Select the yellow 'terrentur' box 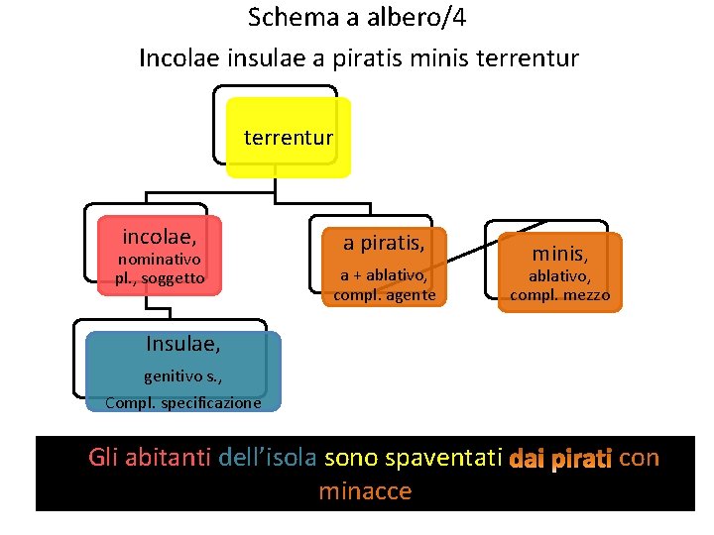[x=289, y=137]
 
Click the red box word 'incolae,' [x=159, y=237]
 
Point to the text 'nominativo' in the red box [x=159, y=259]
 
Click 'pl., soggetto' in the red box [x=159, y=278]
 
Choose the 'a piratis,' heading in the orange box [x=384, y=243]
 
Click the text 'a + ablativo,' [x=384, y=275]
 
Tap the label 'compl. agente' [x=384, y=295]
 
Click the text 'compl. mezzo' [x=560, y=295]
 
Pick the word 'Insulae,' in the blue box [x=183, y=345]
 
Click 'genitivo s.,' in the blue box [x=183, y=376]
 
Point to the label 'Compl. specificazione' [x=183, y=402]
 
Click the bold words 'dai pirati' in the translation [x=561, y=460]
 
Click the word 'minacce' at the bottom [x=364, y=491]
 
